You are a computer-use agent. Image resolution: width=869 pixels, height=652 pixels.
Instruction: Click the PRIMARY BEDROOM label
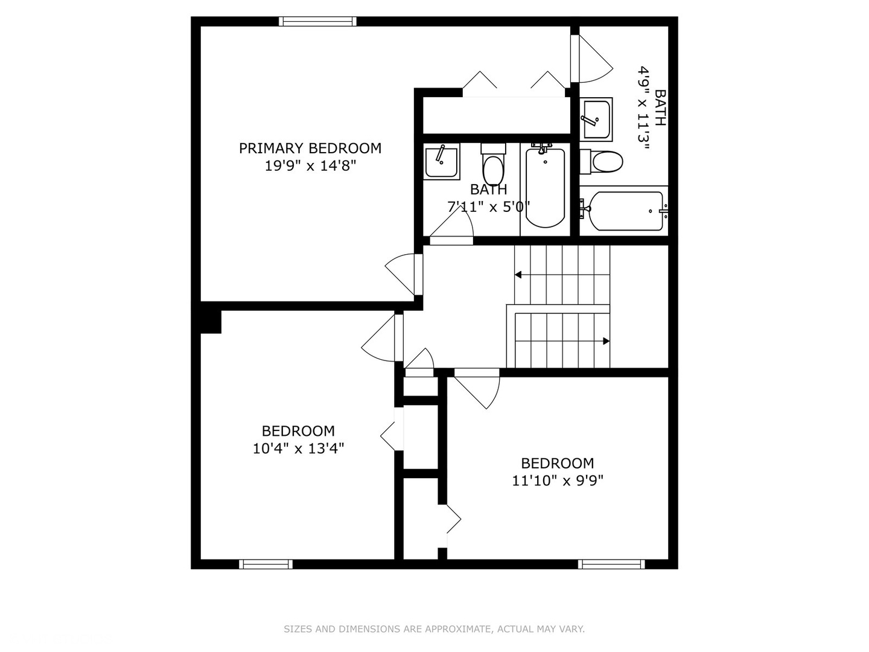pos(310,149)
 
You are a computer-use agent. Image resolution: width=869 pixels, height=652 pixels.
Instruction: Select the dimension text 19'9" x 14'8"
pos(310,166)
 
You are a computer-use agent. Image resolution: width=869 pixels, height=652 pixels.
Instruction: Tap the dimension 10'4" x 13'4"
pos(298,449)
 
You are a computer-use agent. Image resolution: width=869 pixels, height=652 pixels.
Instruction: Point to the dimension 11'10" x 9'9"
pos(558,481)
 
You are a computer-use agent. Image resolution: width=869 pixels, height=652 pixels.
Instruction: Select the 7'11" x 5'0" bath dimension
pos(488,207)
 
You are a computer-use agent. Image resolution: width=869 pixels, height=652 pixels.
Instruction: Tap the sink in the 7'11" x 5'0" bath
pos(441,161)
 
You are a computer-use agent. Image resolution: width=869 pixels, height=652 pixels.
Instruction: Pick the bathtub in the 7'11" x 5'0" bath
pos(545,187)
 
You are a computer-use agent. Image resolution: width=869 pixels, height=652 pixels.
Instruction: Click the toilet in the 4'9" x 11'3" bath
pos(603,162)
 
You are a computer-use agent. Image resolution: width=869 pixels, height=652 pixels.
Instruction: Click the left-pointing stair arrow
pos(518,275)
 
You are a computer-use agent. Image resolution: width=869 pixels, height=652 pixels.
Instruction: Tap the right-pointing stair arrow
pos(605,341)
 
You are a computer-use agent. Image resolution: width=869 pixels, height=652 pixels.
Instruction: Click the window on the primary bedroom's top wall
pos(317,22)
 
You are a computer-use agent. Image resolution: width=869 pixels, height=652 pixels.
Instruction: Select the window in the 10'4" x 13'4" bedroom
pos(266,564)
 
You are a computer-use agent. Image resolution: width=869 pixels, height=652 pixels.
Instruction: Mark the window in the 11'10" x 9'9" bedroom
pos(611,564)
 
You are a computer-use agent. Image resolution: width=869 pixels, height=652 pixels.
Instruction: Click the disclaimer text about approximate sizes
pos(434,629)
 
